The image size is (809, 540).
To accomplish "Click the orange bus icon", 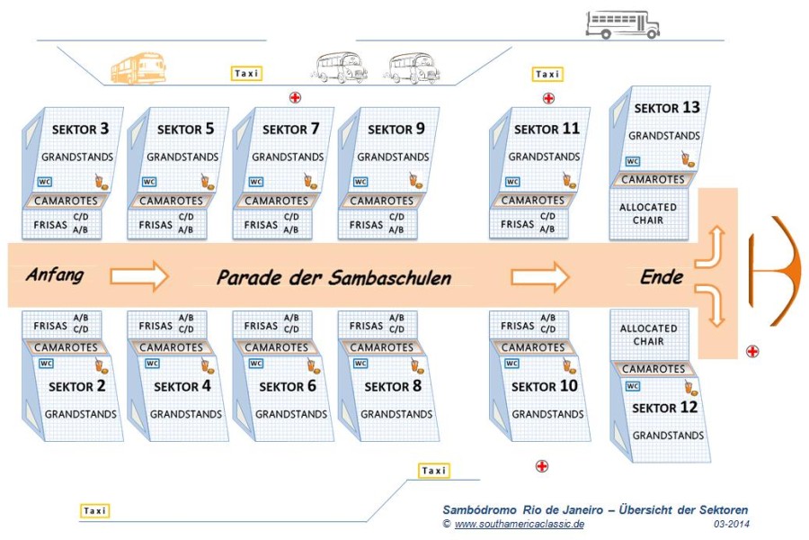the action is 138,67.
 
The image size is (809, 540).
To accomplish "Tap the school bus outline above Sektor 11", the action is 623,25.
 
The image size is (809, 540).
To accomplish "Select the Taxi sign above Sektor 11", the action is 547,75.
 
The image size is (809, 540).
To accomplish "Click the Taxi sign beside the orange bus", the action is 246,74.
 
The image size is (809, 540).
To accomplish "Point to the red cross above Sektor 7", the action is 295,97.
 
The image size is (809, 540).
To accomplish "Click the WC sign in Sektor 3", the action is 45,182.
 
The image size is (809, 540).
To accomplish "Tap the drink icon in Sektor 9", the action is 416,181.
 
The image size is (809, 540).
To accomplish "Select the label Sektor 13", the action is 667,107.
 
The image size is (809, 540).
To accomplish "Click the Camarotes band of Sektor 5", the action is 170,201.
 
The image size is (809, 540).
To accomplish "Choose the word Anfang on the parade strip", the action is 55,274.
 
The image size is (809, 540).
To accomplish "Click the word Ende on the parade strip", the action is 662,277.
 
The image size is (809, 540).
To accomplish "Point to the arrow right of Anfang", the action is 139,276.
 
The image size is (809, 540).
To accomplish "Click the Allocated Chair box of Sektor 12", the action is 649,335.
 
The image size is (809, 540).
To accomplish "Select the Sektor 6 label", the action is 288,386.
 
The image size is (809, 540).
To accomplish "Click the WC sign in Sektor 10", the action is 511,364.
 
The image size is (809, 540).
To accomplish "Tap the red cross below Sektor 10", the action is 542,466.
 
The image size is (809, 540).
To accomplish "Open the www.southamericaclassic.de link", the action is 519,524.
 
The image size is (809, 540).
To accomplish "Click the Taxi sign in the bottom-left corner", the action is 95,510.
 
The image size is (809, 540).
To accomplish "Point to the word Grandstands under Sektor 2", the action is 81,414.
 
